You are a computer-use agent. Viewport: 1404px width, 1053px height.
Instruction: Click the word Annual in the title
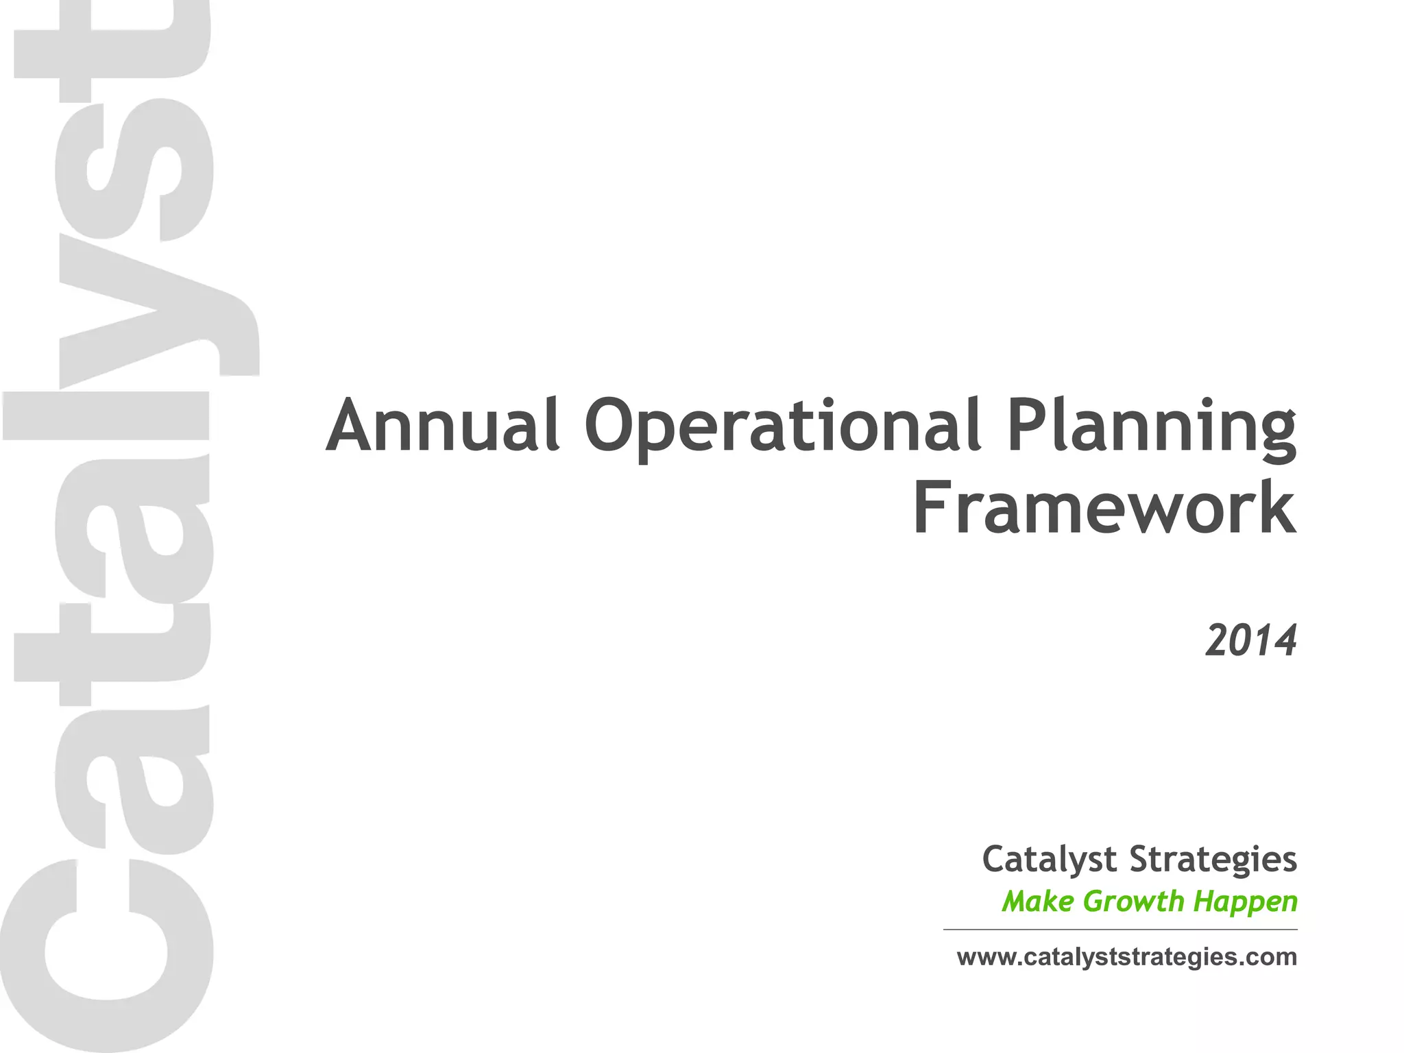[442, 426]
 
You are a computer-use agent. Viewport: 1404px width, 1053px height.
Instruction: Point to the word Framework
[1104, 509]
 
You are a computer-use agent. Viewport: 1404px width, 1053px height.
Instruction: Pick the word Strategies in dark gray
[1213, 860]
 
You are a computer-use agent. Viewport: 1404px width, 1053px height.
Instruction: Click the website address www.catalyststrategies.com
[1126, 957]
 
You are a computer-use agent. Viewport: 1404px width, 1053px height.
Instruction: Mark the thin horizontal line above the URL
[1120, 930]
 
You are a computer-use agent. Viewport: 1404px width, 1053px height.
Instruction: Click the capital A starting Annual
[352, 426]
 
